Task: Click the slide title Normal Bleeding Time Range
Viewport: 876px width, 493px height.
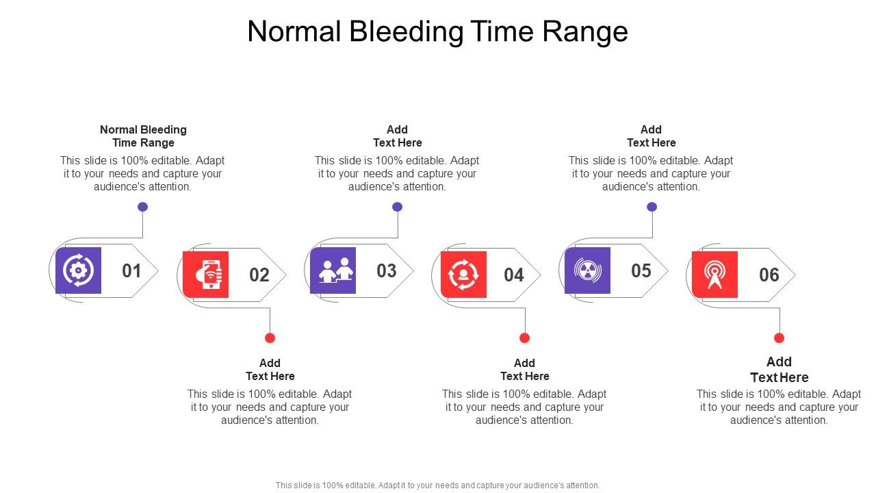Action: (437, 31)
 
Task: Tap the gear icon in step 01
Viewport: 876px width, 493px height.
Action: (78, 270)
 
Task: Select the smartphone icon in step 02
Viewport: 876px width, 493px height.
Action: (206, 275)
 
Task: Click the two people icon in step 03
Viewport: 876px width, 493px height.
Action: (333, 270)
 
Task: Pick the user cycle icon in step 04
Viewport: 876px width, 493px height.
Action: (463, 275)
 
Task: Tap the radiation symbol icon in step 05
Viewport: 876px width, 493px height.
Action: (587, 270)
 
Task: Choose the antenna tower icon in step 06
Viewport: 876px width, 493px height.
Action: (714, 275)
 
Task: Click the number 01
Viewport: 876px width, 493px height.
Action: (131, 271)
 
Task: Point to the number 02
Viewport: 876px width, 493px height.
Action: (259, 275)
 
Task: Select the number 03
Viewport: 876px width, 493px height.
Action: (387, 271)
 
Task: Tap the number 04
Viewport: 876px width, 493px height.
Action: (514, 275)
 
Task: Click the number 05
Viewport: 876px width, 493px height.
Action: (641, 271)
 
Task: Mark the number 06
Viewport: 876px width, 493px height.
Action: (769, 275)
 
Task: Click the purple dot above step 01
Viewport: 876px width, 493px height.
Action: (142, 207)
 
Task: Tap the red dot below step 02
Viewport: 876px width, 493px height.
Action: (270, 338)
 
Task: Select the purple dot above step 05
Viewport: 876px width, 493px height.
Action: (652, 207)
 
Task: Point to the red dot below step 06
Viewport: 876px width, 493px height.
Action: (779, 338)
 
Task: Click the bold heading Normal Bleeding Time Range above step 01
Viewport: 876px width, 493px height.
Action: (143, 136)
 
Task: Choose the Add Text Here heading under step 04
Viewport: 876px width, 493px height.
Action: (524, 370)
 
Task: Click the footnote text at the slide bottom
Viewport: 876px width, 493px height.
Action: (437, 485)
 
